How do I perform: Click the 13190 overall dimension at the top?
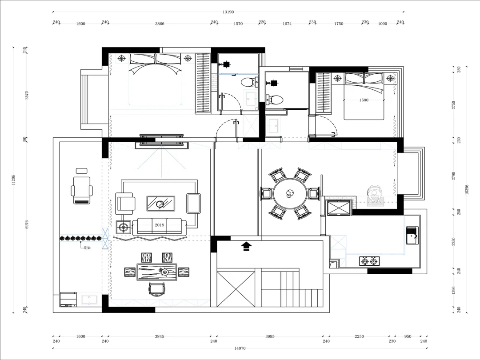[x=228, y=12]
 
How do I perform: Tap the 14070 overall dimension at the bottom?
[x=240, y=348]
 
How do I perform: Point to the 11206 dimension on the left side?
[x=13, y=180]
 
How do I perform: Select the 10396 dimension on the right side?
[x=467, y=189]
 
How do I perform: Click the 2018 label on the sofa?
[x=159, y=225]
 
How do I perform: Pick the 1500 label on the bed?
[x=364, y=100]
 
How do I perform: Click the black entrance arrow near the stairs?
[x=246, y=246]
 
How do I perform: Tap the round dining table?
[x=290, y=194]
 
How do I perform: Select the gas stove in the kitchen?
[x=369, y=261]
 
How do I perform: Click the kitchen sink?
[x=412, y=236]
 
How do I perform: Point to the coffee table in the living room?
[x=161, y=204]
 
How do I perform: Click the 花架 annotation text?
[x=87, y=248]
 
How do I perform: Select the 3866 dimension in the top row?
[x=160, y=24]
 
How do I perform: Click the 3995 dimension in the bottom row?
[x=270, y=336]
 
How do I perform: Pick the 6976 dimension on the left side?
[x=27, y=224]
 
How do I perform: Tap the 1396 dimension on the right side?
[x=454, y=291]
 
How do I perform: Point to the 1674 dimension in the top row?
[x=287, y=24]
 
